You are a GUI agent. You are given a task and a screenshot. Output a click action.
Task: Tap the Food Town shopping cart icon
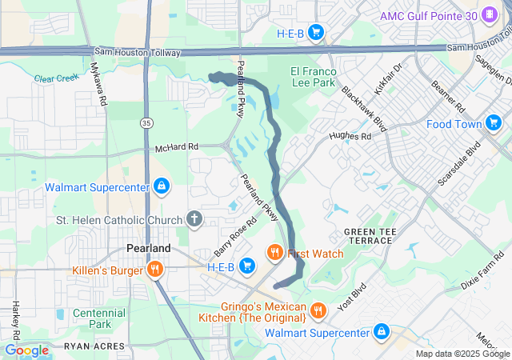494,123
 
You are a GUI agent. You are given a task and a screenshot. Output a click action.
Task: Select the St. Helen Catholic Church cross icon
194,218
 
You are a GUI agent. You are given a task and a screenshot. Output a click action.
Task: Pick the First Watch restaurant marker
274,254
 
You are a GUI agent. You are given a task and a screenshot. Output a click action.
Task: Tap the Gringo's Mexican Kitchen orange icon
318,310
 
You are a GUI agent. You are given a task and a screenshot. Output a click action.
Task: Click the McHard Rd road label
175,146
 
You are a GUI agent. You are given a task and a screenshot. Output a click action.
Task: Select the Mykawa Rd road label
99,84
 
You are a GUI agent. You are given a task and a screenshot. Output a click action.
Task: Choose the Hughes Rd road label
355,137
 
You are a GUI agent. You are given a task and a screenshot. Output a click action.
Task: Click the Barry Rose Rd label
230,239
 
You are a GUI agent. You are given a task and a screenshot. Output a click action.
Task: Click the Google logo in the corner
27,350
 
